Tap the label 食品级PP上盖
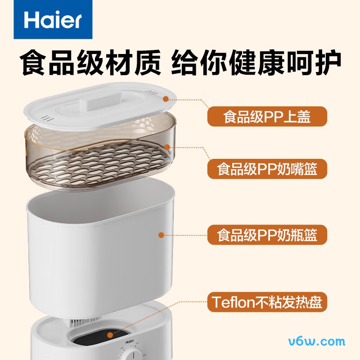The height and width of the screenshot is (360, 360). tap(267, 117)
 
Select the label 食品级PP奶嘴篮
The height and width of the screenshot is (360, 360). tap(267, 169)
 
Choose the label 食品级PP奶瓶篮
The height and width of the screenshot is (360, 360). tap(267, 234)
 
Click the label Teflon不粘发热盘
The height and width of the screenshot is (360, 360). tap(267, 302)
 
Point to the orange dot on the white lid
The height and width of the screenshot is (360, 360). tap(166, 99)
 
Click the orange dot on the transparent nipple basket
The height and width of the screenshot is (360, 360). tap(167, 147)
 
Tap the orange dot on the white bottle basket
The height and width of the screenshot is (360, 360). tap(162, 235)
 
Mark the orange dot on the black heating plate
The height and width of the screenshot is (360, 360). tap(110, 335)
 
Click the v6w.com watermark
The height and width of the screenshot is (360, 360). tap(317, 342)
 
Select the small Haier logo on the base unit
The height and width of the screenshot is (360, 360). tap(130, 342)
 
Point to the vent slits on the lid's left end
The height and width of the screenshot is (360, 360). tap(48, 118)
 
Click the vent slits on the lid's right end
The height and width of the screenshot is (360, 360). tap(152, 92)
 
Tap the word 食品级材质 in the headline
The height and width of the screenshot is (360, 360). tap(90, 63)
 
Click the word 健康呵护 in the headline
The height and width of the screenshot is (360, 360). tap(285, 63)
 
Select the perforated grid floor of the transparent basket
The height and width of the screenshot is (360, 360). tap(99, 163)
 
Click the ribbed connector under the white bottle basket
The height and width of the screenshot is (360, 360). tap(85, 321)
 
